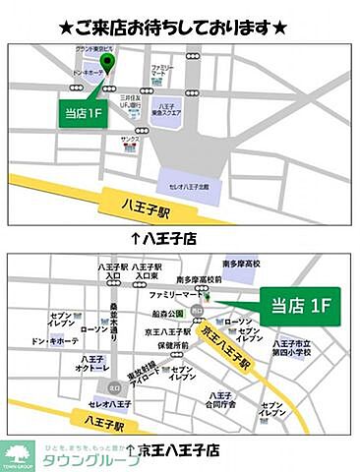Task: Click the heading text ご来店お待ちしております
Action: [x=180, y=27]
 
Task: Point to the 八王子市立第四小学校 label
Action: [x=292, y=346]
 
